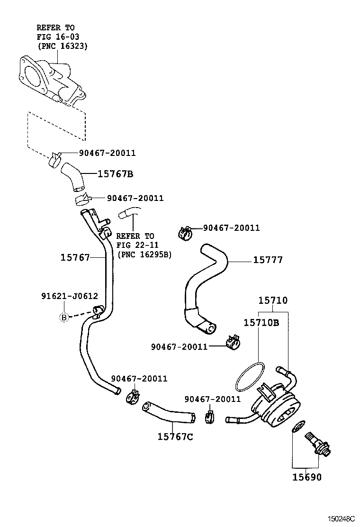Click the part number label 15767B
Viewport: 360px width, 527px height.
pos(115,174)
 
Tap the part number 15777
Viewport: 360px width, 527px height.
pos(268,260)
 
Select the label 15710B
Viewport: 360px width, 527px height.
pos(261,323)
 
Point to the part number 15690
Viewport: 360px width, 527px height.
pos(306,477)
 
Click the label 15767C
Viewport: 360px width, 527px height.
pos(175,436)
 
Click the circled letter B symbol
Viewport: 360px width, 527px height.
pos(63,318)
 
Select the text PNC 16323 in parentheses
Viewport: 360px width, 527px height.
pos(63,45)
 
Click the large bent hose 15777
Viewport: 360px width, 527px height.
pos(204,284)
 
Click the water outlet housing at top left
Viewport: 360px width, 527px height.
pos(52,81)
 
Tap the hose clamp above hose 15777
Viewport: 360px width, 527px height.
pos(185,232)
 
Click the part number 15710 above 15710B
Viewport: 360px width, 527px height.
pos(272,300)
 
